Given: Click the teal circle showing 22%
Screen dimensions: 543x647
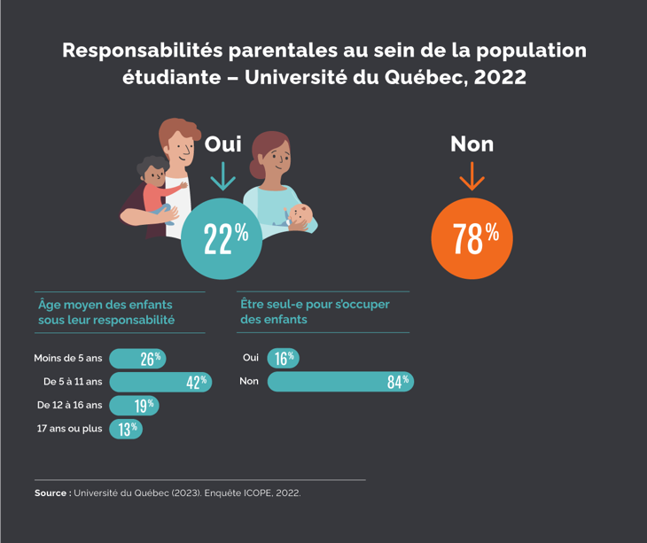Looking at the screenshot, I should tap(222, 237).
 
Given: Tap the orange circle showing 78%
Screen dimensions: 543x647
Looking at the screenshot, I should tap(472, 237).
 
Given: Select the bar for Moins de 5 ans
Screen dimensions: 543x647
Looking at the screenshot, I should tap(137, 359).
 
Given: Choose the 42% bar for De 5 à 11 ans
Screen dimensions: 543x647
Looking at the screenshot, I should tap(160, 382).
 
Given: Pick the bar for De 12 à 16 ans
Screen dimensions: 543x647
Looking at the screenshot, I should tap(134, 405).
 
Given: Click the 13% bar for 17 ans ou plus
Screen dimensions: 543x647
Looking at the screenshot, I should tap(126, 429).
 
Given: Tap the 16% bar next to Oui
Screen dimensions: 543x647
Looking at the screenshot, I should tap(283, 358).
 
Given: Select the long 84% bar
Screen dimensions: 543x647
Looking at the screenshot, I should tap(340, 382).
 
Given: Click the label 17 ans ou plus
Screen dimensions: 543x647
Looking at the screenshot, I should tap(69, 429).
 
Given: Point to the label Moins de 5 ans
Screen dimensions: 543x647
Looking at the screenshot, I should tap(68, 359).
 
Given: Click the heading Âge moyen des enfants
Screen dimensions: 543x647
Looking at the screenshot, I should tap(105, 304).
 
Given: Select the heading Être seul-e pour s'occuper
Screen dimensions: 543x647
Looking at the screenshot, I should tap(315, 304).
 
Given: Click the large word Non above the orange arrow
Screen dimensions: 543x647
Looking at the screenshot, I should tap(472, 144).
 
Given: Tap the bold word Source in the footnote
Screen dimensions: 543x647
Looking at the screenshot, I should tap(52, 493).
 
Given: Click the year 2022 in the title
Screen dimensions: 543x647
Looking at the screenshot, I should tap(500, 77).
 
